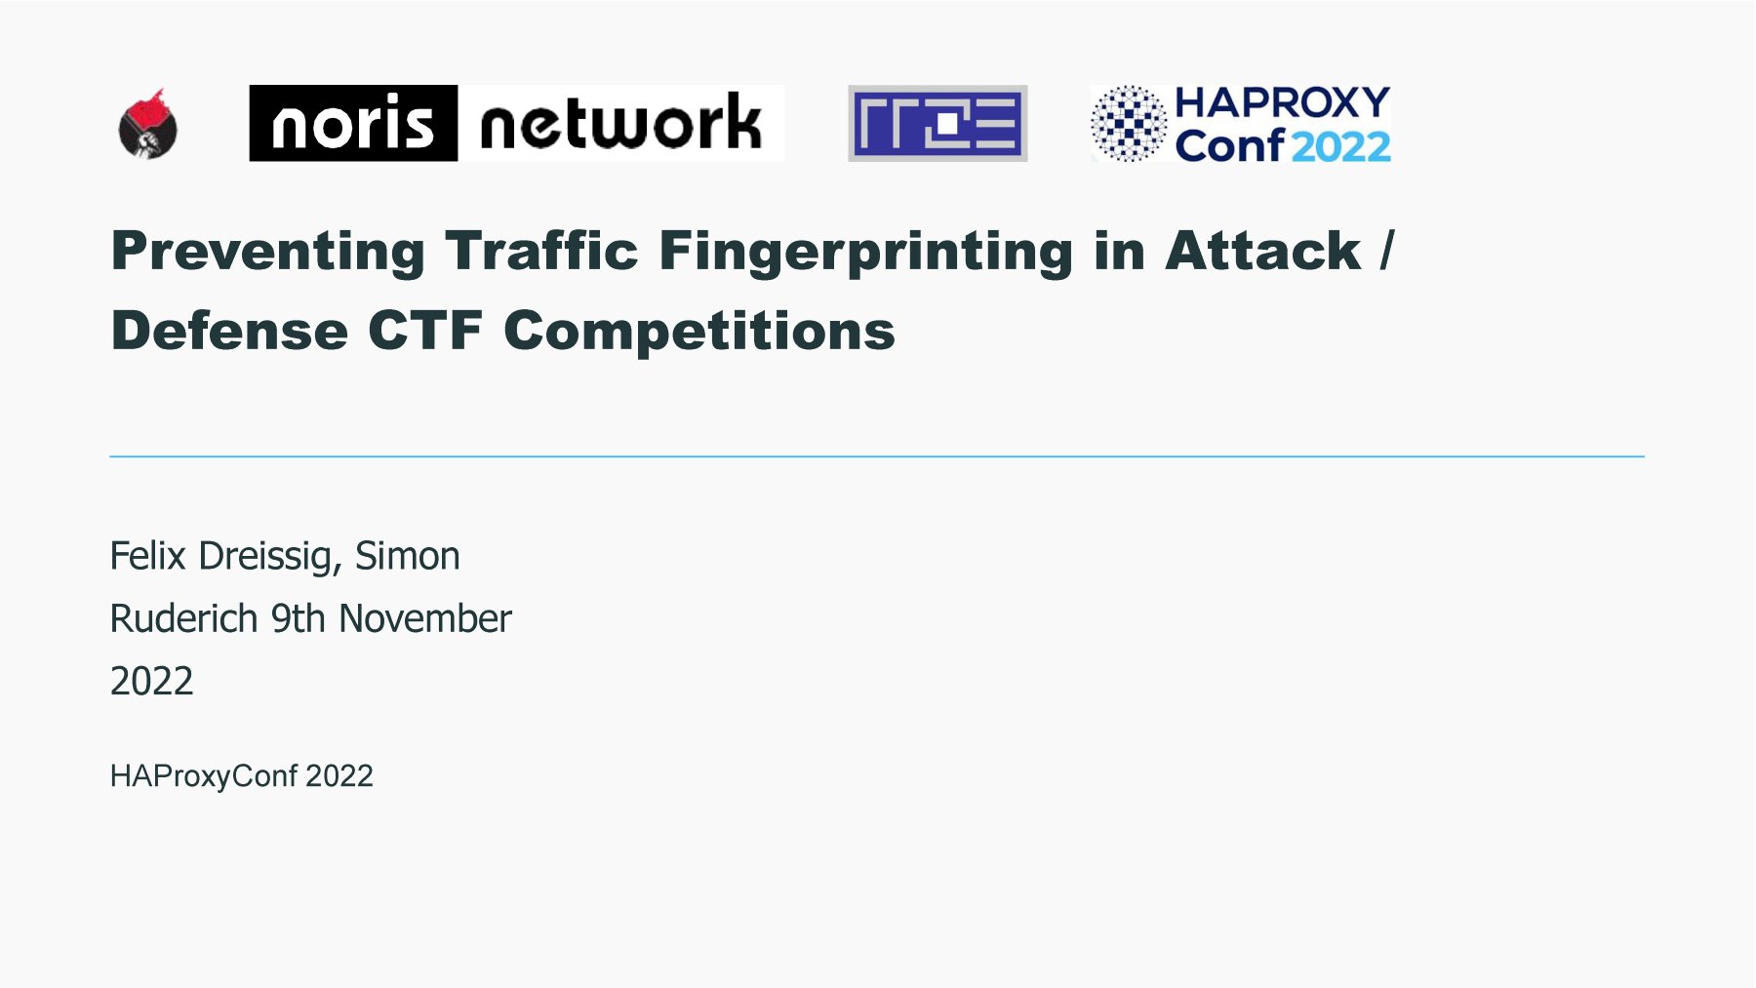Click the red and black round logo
tap(147, 124)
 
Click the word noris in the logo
tap(352, 124)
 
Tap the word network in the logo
tap(620, 124)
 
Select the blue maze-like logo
tap(938, 123)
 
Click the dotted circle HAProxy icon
tap(1129, 123)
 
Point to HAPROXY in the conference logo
tap(1282, 101)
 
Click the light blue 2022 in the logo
tap(1341, 146)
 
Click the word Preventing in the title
tap(268, 252)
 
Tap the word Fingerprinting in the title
tap(866, 252)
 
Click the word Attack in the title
tap(1262, 251)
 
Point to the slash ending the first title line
tap(1387, 251)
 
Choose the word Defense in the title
tap(230, 331)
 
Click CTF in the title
tap(425, 331)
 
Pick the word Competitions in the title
tap(699, 331)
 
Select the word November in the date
tap(425, 618)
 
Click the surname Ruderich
tap(183, 618)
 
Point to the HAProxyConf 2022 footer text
tap(242, 776)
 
